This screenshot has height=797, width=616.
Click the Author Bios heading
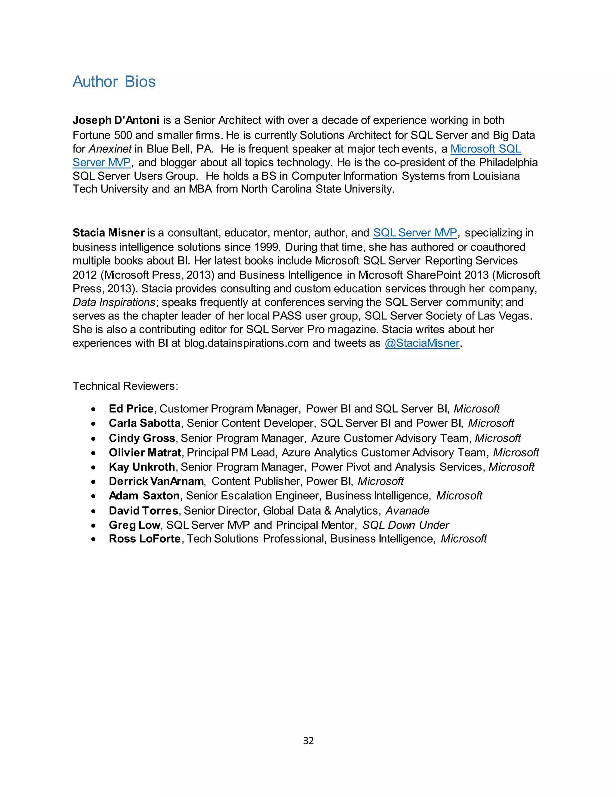[114, 82]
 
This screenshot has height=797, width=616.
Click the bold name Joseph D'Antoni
[116, 120]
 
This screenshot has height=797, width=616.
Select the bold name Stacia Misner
[109, 233]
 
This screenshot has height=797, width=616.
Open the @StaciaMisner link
[422, 343]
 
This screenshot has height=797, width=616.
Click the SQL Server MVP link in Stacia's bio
[415, 233]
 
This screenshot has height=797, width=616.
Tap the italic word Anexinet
[110, 149]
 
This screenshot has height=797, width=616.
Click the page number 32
[308, 740]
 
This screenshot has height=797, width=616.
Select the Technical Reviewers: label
[125, 386]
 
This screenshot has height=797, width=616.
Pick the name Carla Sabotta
[144, 423]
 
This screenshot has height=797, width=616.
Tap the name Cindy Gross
[142, 438]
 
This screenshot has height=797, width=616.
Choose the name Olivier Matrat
[145, 453]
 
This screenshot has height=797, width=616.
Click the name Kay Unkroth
[142, 467]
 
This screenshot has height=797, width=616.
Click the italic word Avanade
[407, 511]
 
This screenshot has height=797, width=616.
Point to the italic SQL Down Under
[405, 525]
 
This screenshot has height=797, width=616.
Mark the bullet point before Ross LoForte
[94, 539]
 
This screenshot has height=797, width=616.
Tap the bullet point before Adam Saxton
[94, 496]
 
